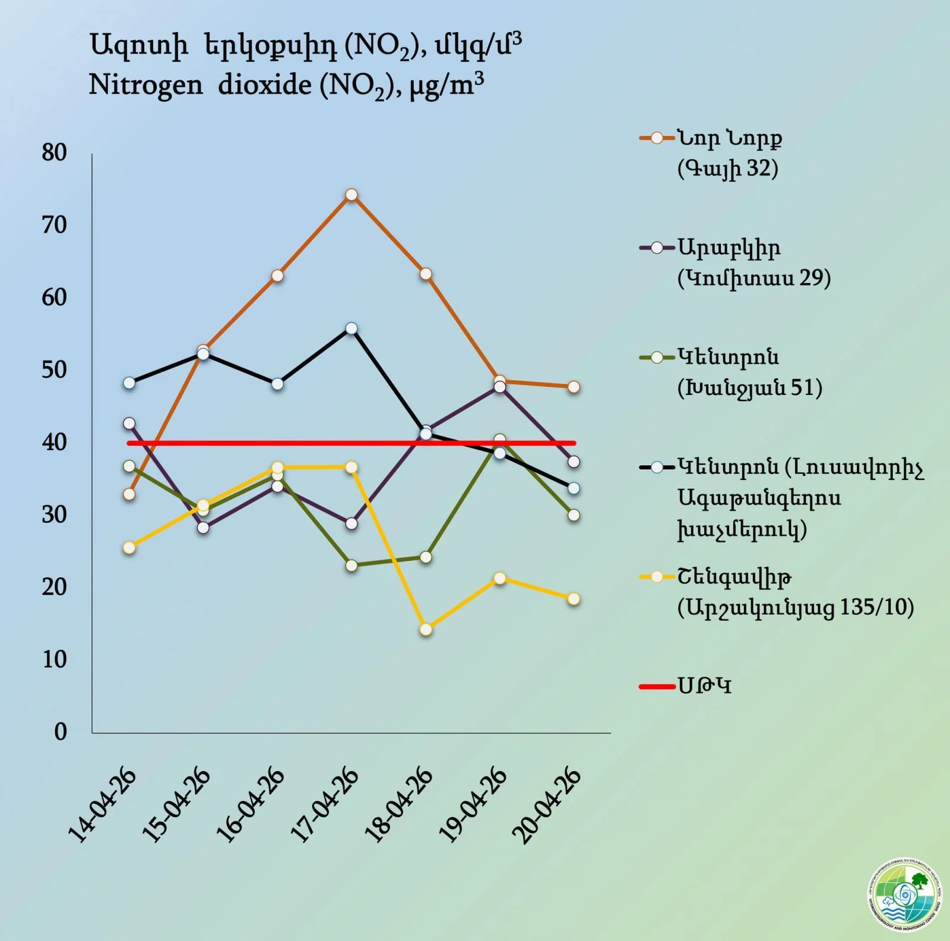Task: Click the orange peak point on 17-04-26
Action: (x=351, y=195)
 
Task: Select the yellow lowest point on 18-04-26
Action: (x=426, y=629)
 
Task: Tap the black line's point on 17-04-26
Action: (x=351, y=329)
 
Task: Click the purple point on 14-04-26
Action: (x=129, y=424)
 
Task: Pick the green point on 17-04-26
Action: (x=351, y=566)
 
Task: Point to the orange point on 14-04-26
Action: (x=129, y=494)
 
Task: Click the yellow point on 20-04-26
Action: (x=574, y=599)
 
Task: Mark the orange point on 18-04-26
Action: (x=426, y=274)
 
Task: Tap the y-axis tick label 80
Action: (x=54, y=153)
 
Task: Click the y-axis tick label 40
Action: (x=54, y=442)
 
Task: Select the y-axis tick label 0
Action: (x=61, y=732)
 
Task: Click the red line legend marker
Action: (x=657, y=687)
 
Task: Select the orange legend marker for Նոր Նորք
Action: (x=657, y=138)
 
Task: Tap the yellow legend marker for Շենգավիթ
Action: (x=657, y=577)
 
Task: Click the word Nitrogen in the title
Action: (x=145, y=86)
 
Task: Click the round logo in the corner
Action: (x=904, y=894)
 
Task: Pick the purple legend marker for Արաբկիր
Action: (x=657, y=248)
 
